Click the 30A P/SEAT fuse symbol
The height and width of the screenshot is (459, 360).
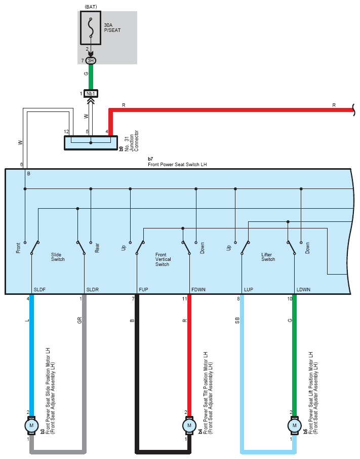click(x=91, y=28)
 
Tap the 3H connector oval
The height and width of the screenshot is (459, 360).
click(x=91, y=61)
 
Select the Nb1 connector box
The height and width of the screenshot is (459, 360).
click(x=91, y=93)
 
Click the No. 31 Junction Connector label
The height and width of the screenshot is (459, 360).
click(x=131, y=141)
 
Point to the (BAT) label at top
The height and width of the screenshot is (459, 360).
click(x=91, y=7)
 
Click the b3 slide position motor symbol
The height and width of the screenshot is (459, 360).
click(x=31, y=426)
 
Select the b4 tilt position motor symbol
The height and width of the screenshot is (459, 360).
click(x=189, y=426)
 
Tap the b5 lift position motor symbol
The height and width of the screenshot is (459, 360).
click(x=295, y=426)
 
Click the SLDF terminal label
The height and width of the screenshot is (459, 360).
click(x=39, y=289)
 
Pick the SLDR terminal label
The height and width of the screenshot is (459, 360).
click(x=93, y=289)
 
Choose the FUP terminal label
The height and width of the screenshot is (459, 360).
click(x=143, y=289)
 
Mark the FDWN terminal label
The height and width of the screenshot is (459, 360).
click(x=198, y=289)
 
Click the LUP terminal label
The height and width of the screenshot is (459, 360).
click(x=249, y=289)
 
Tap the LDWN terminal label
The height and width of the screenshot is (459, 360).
click(x=303, y=289)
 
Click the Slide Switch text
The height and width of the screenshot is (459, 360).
click(x=58, y=257)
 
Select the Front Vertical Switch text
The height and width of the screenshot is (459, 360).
click(x=163, y=259)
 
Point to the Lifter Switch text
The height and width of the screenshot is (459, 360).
click(x=268, y=257)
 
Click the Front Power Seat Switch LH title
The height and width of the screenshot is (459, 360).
click(x=177, y=165)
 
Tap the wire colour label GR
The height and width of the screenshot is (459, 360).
click(x=79, y=320)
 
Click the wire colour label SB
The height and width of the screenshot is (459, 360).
click(x=237, y=320)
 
